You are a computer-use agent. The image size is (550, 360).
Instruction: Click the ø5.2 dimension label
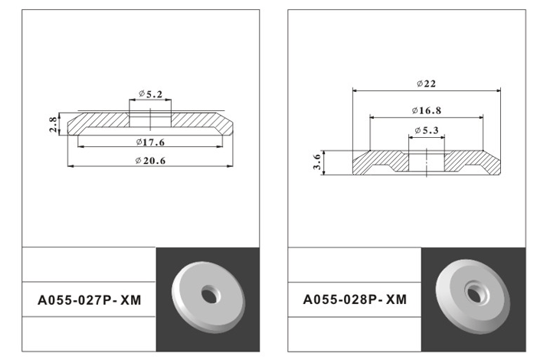coord(150,94)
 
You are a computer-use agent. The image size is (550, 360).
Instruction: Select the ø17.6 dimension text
coord(150,142)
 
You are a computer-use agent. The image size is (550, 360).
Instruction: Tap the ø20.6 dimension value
coord(150,161)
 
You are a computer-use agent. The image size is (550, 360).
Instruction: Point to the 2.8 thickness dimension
coord(53,124)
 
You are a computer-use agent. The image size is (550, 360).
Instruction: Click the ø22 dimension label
coord(426,83)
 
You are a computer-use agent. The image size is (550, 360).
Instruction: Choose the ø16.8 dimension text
coord(427,110)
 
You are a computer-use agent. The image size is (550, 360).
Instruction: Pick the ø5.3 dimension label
coord(427,130)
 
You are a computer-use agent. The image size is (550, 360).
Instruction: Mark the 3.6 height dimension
coord(317,162)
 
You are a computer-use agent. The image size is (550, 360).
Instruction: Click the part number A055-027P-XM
coord(90,300)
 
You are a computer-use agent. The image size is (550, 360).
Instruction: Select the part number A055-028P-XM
coord(355,299)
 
